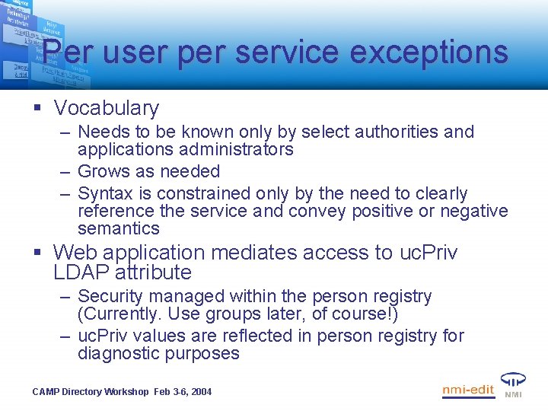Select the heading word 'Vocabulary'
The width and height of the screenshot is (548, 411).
tap(107, 108)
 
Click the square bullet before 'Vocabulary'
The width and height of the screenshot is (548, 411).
tap(37, 109)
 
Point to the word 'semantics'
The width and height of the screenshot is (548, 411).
tap(119, 228)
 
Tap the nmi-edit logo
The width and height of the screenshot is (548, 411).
tap(468, 390)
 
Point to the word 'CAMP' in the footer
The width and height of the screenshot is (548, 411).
tap(46, 392)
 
